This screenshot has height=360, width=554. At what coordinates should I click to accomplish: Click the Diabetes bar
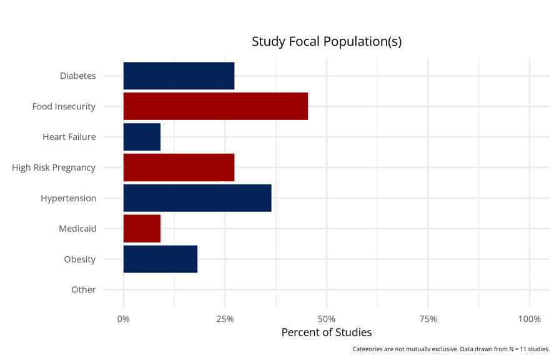point(179,76)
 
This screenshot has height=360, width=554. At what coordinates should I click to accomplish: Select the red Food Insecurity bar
point(215,106)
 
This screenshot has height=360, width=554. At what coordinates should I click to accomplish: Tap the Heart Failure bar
point(142,137)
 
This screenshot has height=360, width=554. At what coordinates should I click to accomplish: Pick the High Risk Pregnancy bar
point(179,167)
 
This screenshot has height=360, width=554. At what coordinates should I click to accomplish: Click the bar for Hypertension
point(197,198)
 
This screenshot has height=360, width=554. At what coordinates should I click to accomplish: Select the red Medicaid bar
point(142,229)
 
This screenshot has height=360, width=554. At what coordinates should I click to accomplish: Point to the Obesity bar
point(161,259)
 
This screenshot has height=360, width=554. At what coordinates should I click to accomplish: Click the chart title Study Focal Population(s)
point(326,42)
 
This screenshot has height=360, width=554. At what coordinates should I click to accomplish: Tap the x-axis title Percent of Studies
point(326,332)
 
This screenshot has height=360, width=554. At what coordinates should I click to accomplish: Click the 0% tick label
point(124,319)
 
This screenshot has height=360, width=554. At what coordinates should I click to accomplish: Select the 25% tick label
point(225,319)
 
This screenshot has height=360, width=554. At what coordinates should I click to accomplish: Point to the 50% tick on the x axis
point(327,319)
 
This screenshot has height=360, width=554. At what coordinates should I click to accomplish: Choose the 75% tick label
point(428,319)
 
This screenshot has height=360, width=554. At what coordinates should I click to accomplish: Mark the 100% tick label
point(529,319)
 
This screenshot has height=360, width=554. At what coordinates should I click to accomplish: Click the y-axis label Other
point(83,290)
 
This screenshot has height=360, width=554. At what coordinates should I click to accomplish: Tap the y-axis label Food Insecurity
point(64,107)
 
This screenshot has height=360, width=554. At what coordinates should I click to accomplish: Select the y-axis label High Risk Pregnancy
point(54,167)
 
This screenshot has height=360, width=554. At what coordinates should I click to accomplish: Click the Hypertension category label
point(68,199)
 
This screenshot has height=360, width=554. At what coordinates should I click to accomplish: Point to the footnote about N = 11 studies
point(450,349)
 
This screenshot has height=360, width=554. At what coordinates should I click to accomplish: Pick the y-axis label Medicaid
point(77,229)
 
